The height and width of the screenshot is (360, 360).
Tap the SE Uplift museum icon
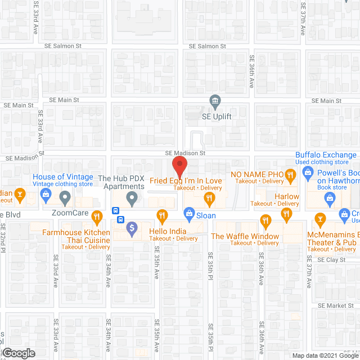(x=215, y=101)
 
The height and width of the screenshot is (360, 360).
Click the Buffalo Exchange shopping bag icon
(x=307, y=174)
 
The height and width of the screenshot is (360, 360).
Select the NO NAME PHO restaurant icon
(x=290, y=174)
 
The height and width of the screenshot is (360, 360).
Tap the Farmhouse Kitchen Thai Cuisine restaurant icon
(x=97, y=215)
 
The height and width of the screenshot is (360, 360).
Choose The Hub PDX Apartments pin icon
(x=132, y=197)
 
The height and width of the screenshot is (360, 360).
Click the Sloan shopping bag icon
(x=190, y=213)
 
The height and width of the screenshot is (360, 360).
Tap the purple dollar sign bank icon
(x=132, y=228)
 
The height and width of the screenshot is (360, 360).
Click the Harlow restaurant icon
(x=286, y=213)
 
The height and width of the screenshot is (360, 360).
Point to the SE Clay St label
(x=331, y=260)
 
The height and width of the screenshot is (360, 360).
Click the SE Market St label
(x=335, y=305)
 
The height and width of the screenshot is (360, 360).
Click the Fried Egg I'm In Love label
(x=186, y=181)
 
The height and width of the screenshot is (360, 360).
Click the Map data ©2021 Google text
(x=325, y=355)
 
